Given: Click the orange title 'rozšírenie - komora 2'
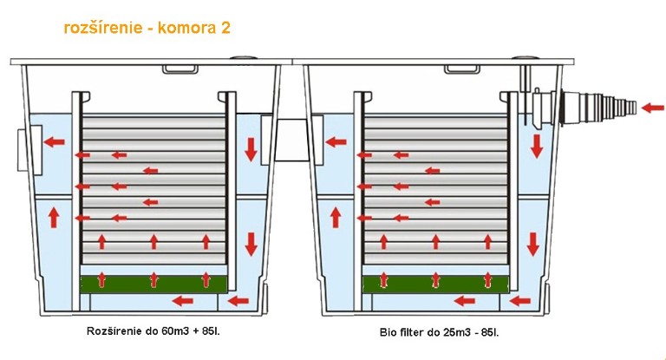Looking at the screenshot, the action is (147, 28).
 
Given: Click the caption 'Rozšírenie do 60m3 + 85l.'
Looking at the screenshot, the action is (153, 331).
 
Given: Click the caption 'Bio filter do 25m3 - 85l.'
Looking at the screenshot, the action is (439, 332).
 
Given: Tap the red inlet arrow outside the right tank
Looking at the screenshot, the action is (652, 108).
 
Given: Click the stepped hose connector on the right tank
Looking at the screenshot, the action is (599, 108).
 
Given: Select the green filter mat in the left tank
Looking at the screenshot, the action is (153, 284).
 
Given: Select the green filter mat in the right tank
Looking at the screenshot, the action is (435, 284).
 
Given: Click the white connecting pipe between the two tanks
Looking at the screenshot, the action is (291, 140).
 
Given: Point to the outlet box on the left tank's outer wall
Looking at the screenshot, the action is (29, 150).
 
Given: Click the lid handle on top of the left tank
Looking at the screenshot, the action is (180, 69).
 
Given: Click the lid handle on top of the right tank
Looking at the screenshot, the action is (462, 69).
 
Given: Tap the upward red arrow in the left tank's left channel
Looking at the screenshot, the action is (54, 217).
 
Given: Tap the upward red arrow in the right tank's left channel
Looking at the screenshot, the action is (336, 217).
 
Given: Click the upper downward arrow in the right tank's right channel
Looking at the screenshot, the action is (537, 147).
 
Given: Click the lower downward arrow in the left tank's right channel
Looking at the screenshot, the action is (251, 244).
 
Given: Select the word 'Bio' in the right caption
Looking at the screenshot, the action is (387, 332).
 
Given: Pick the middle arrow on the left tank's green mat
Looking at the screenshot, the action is (153, 279).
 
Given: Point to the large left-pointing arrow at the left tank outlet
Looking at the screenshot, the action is (55, 141).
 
